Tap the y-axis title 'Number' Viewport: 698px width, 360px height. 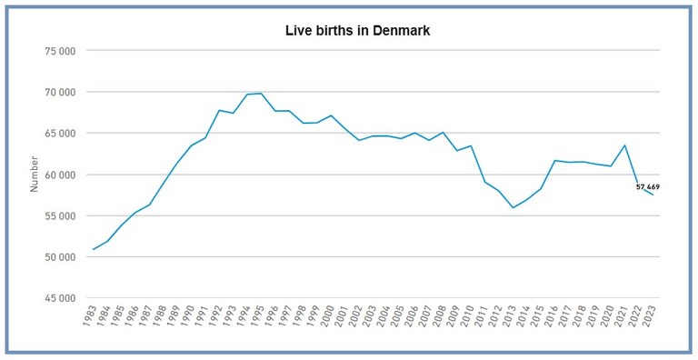35,174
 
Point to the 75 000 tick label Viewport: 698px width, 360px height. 58,51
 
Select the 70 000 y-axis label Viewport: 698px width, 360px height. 58,92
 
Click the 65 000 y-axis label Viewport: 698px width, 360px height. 58,133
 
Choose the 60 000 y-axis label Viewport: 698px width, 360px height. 58,175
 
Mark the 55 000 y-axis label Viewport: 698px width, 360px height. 58,215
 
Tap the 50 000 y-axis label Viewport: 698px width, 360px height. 58,256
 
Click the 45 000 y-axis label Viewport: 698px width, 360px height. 58,298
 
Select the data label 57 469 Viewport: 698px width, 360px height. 648,186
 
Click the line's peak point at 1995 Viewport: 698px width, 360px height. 262,94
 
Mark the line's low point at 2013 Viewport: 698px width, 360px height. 513,208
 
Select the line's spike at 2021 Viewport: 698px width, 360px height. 624,145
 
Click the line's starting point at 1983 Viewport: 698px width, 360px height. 94,249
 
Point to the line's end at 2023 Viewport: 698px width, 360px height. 653,195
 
